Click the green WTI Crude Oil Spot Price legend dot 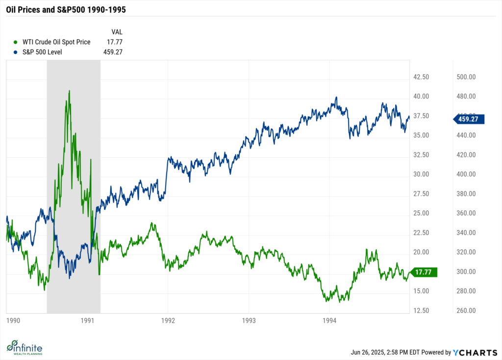(x=16, y=42)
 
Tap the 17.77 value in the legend (x=114, y=42)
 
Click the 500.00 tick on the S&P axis (x=466, y=77)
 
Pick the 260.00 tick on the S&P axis (x=466, y=310)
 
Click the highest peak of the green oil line (x=69, y=91)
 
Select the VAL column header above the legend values (x=117, y=32)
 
